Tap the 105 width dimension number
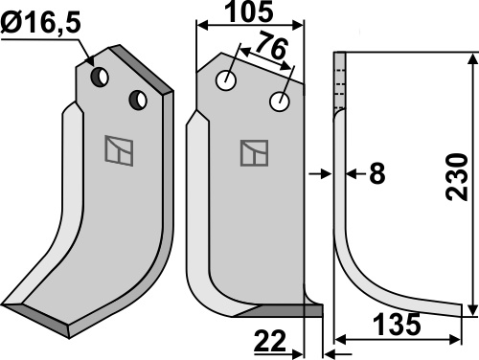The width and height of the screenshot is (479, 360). (249, 11)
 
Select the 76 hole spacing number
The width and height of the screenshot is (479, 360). (271, 45)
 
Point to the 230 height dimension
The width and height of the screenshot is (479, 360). (456, 177)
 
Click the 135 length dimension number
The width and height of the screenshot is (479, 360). (397, 325)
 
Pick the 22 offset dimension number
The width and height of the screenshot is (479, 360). (270, 341)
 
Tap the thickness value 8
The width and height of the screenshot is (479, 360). (376, 174)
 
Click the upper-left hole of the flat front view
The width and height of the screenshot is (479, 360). (226, 80)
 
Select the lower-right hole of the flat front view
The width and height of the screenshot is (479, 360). (280, 101)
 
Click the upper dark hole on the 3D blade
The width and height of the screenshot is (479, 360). (100, 77)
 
